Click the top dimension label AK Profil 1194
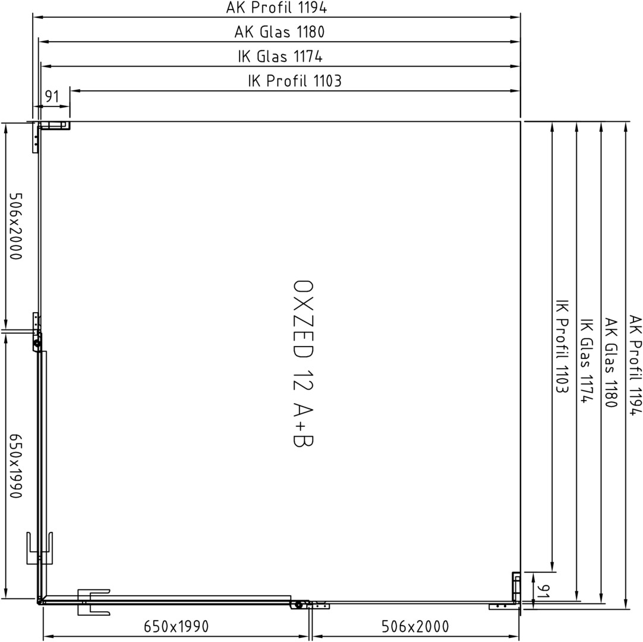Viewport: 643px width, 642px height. (x=276, y=7)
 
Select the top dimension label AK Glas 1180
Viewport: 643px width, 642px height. (x=279, y=32)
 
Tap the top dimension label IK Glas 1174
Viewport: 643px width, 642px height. (x=280, y=56)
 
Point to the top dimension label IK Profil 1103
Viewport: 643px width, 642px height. (x=294, y=81)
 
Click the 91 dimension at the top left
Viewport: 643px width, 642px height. (x=52, y=97)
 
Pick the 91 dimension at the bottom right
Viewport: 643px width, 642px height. (x=543, y=591)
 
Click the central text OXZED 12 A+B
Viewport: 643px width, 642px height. (x=303, y=363)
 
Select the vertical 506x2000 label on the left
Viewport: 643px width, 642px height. (x=15, y=226)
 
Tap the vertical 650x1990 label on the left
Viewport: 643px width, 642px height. (x=15, y=466)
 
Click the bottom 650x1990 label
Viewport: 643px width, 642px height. (x=176, y=627)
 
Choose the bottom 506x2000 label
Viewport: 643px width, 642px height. (x=415, y=627)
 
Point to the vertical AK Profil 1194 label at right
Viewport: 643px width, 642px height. (x=635, y=365)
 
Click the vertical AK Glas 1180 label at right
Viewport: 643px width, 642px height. (x=611, y=363)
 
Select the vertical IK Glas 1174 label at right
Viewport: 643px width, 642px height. (x=587, y=361)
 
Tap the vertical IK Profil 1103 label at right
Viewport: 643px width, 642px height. (x=562, y=346)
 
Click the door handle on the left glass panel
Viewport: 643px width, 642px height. (x=39, y=548)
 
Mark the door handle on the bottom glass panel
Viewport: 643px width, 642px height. (x=93, y=602)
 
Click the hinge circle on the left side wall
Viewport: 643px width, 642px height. (x=37, y=345)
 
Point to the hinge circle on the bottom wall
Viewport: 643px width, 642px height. (x=298, y=605)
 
